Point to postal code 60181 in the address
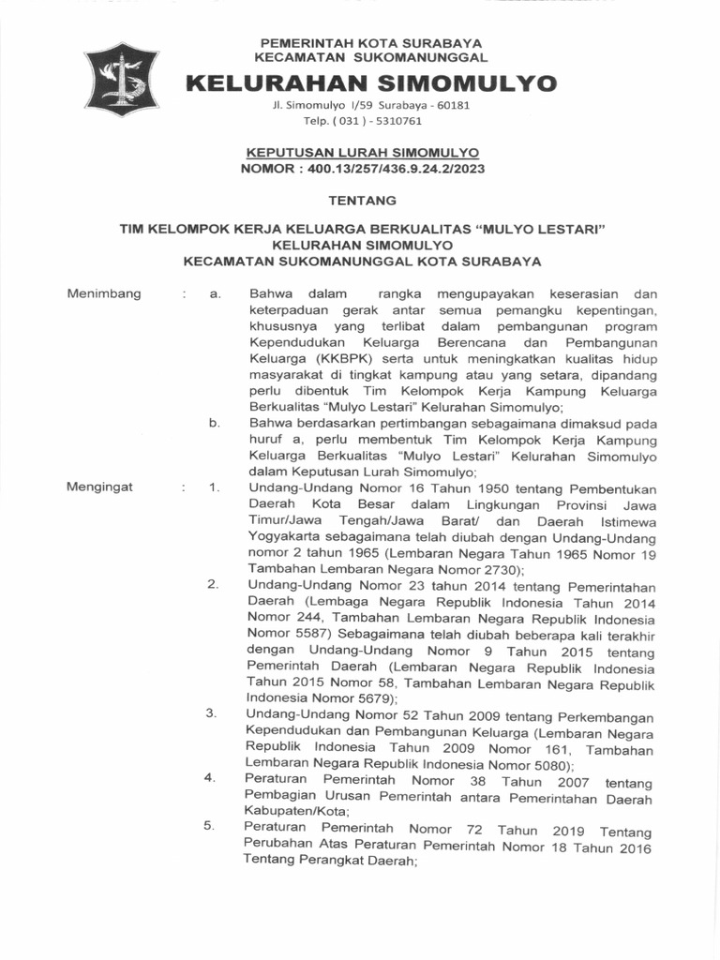[x=451, y=105]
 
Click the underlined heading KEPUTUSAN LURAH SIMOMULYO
[x=362, y=152]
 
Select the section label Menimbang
[x=104, y=293]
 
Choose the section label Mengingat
[x=100, y=487]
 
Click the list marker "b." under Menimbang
[x=215, y=423]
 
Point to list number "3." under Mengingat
[x=212, y=713]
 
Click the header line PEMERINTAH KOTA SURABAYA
[x=370, y=43]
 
